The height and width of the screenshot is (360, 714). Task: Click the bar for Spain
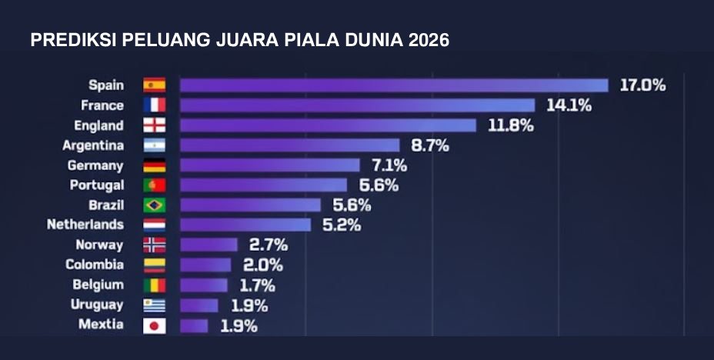(x=394, y=85)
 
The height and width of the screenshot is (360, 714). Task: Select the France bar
(x=357, y=105)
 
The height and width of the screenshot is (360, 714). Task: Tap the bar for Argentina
(x=290, y=145)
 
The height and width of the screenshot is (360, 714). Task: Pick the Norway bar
(x=209, y=245)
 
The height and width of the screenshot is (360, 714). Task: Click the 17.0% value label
(x=642, y=85)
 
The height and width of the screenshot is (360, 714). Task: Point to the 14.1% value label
(x=569, y=105)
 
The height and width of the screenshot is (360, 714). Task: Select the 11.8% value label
(x=510, y=125)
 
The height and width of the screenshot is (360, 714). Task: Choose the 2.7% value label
(x=268, y=245)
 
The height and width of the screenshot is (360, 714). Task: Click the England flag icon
(x=154, y=125)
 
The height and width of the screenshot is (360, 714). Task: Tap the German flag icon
(x=154, y=165)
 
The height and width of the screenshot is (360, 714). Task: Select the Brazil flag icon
(x=154, y=205)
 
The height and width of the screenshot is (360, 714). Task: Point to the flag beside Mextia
(x=154, y=325)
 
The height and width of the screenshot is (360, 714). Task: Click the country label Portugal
(x=96, y=185)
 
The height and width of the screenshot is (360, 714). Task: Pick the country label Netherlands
(x=85, y=225)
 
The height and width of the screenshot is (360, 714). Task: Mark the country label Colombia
(x=95, y=265)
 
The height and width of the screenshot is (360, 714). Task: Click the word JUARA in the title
(x=235, y=41)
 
